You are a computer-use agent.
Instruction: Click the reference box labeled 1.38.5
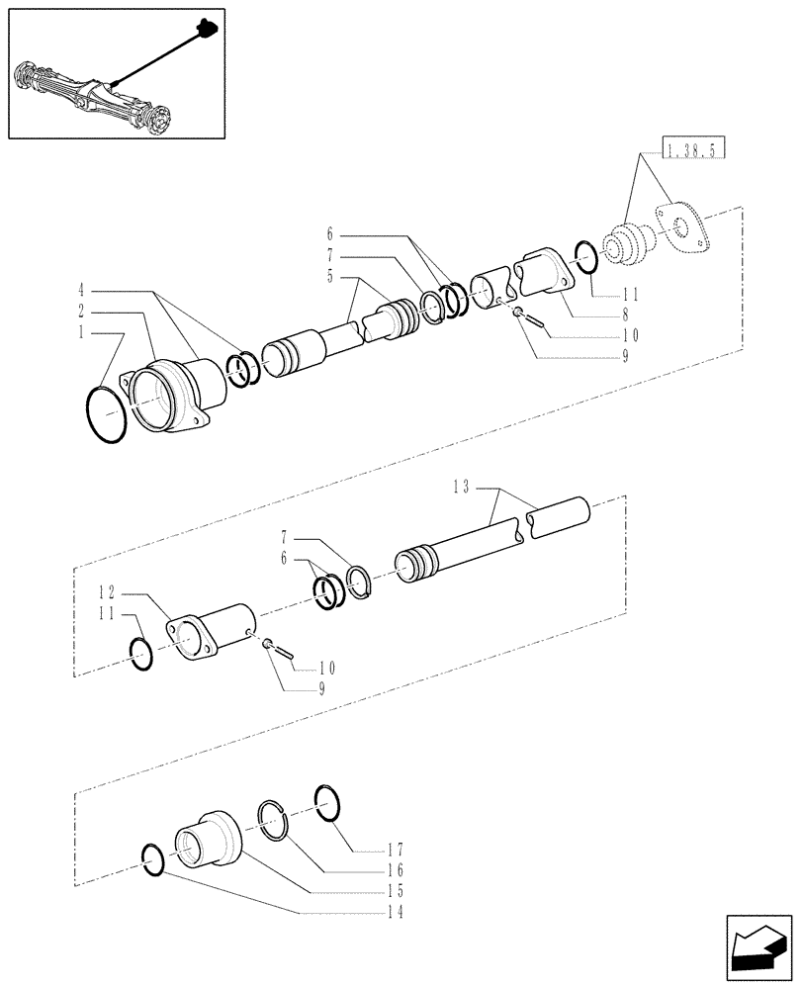coord(695,150)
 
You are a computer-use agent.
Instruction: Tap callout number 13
coord(462,486)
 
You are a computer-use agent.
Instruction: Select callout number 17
coord(395,849)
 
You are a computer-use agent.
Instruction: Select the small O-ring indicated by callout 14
coord(153,859)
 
